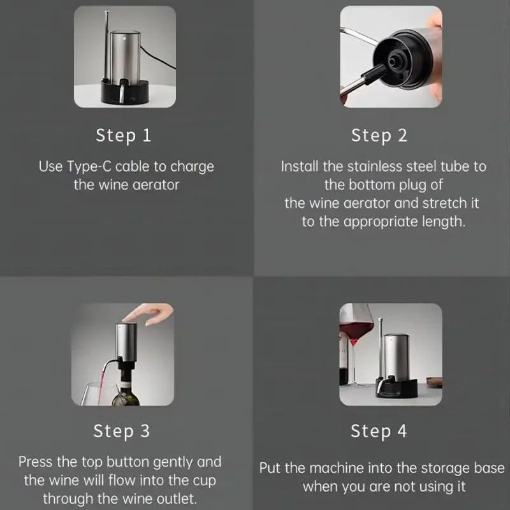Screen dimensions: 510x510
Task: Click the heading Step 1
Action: click(124, 135)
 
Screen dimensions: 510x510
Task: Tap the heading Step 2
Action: click(379, 135)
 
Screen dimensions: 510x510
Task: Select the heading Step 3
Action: click(122, 431)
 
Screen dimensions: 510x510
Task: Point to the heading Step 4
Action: click(379, 431)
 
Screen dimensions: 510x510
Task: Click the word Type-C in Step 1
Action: click(89, 167)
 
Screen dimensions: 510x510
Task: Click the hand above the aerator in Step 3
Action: click(150, 314)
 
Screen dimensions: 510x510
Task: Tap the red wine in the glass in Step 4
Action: click(356, 331)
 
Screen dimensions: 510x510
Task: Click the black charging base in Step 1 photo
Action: click(125, 92)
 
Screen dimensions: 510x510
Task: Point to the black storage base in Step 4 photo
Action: click(397, 389)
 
